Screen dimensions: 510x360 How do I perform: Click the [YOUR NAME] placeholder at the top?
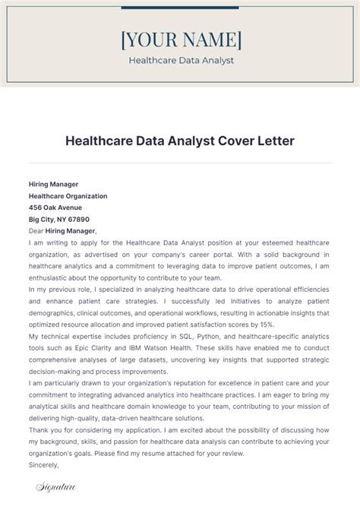point(181,39)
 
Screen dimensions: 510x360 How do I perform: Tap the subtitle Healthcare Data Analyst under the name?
point(181,60)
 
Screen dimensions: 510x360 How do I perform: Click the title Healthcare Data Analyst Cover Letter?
point(180,141)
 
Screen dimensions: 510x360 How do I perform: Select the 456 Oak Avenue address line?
point(55,207)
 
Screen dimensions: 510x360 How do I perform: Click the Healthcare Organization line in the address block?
point(68,196)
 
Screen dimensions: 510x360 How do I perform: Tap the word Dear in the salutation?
point(36,230)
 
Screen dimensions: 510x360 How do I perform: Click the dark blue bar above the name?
point(180,9)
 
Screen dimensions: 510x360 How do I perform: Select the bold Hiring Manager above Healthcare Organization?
point(53,185)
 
